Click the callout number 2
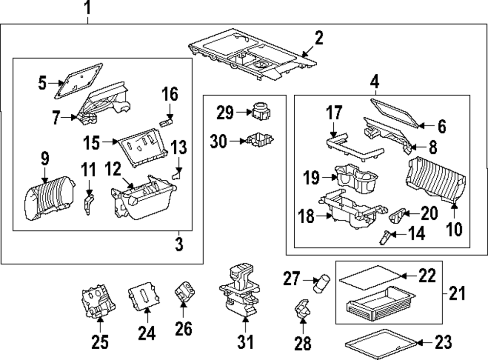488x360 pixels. point(318,38)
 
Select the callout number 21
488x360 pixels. point(457,294)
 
